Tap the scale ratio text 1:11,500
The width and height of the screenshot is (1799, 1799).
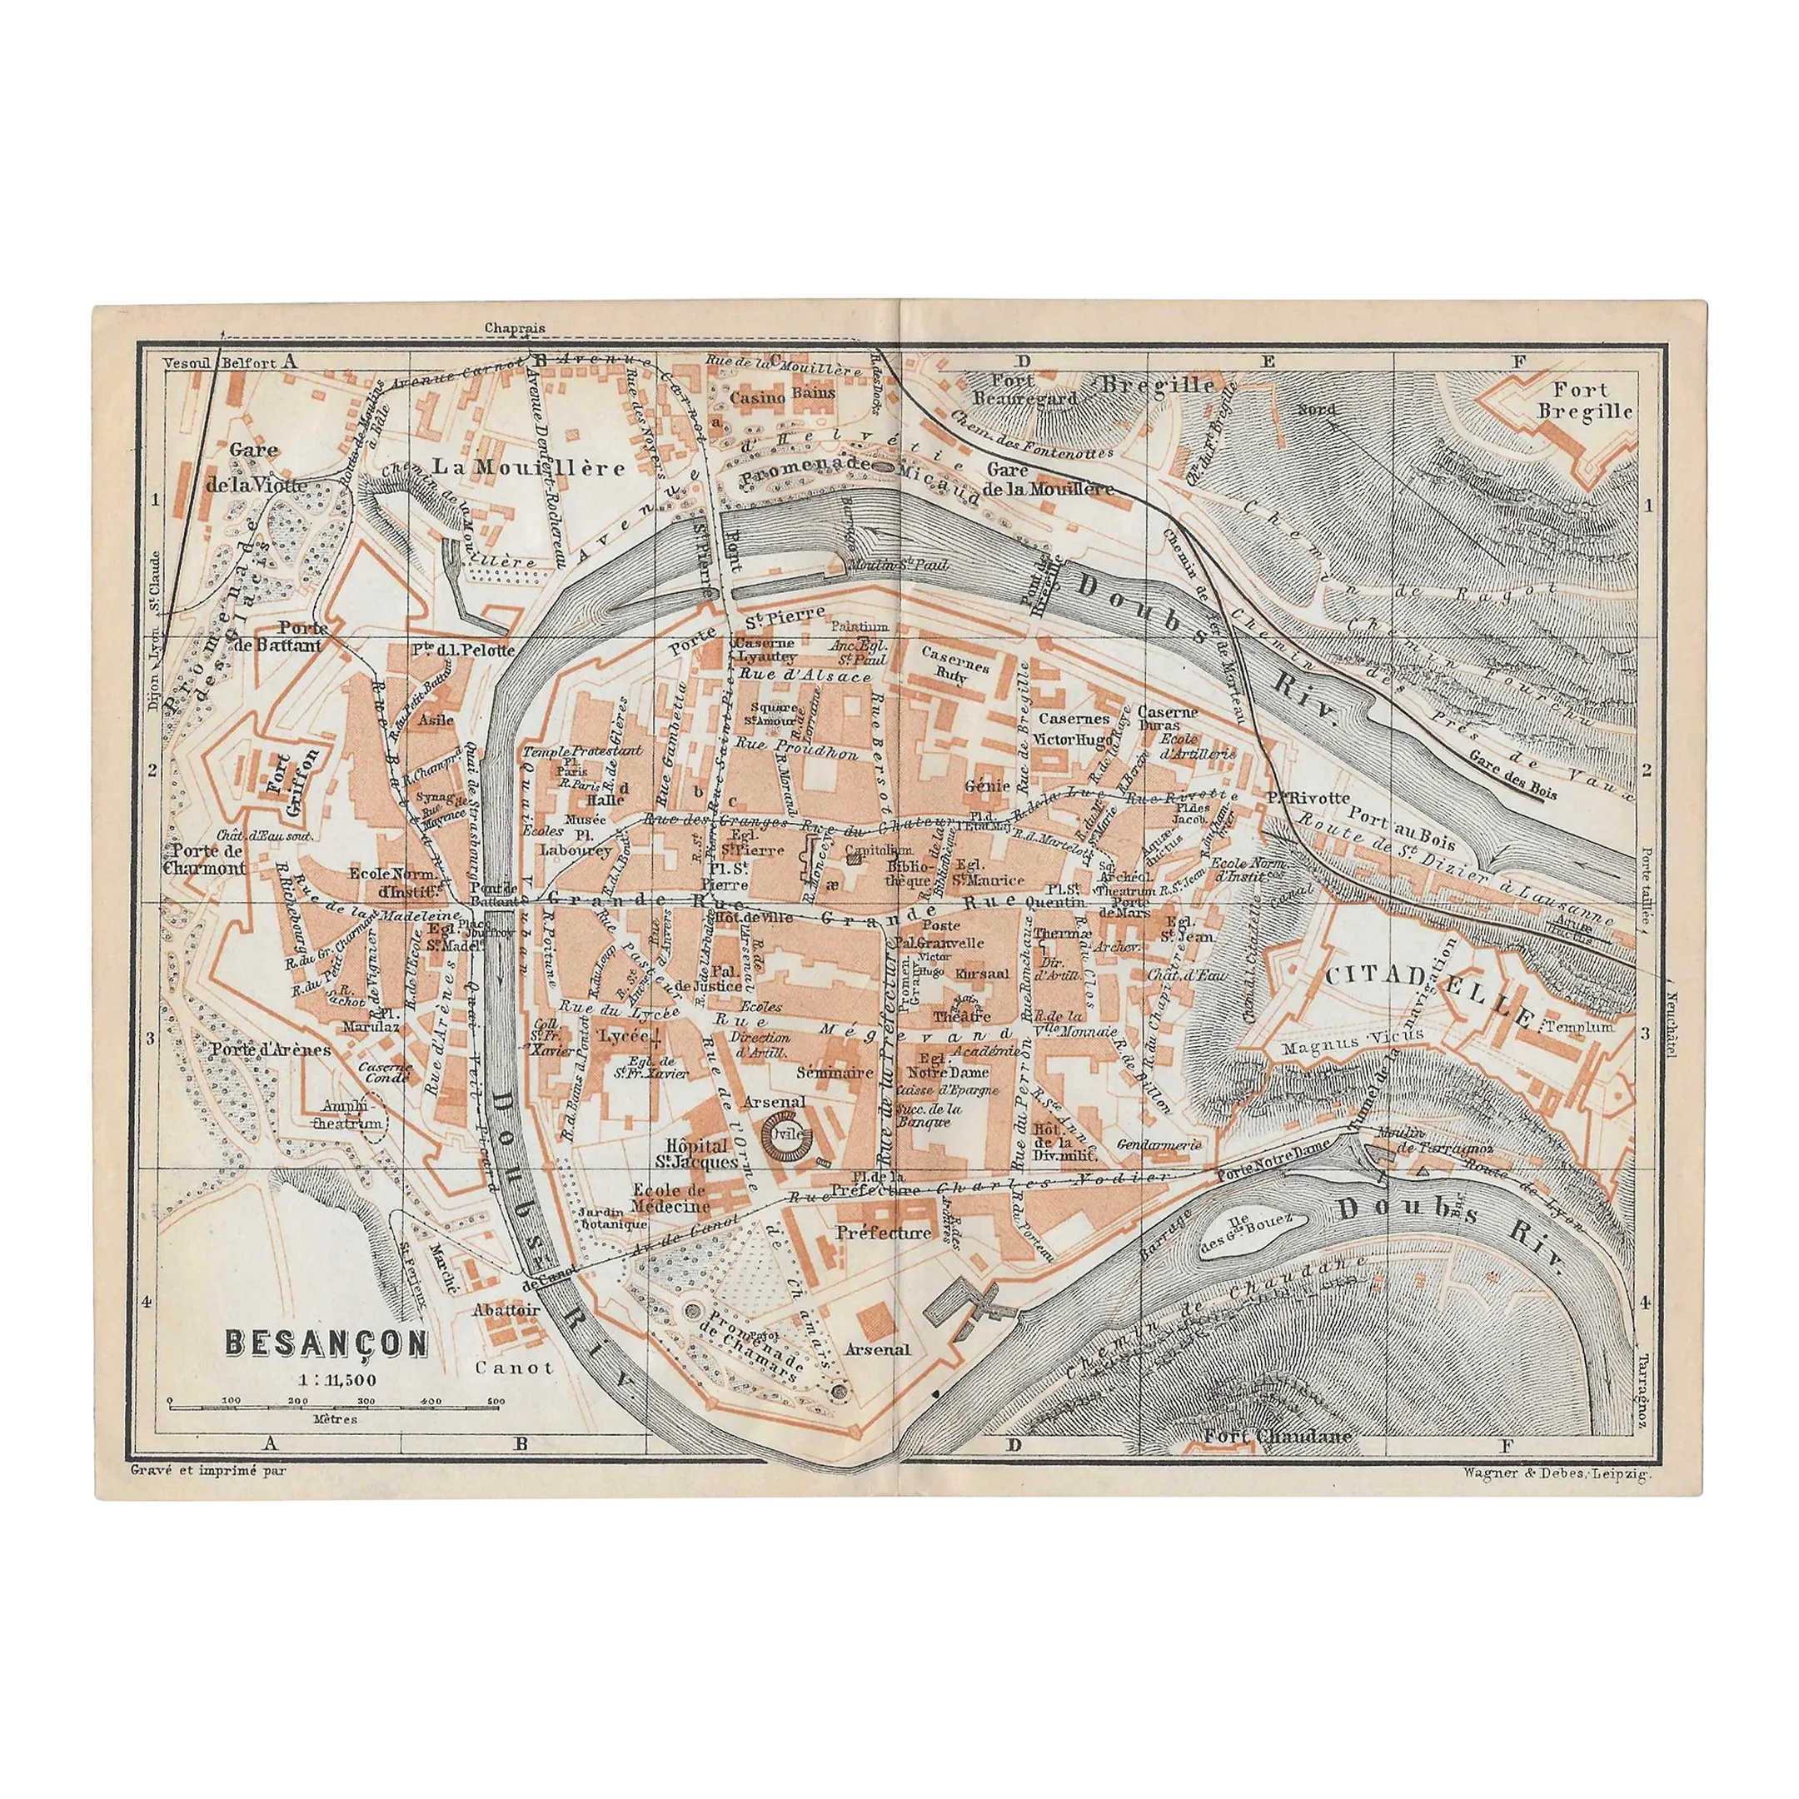pyautogui.click(x=325, y=1379)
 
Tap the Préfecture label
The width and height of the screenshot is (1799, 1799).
pyautogui.click(x=881, y=1232)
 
